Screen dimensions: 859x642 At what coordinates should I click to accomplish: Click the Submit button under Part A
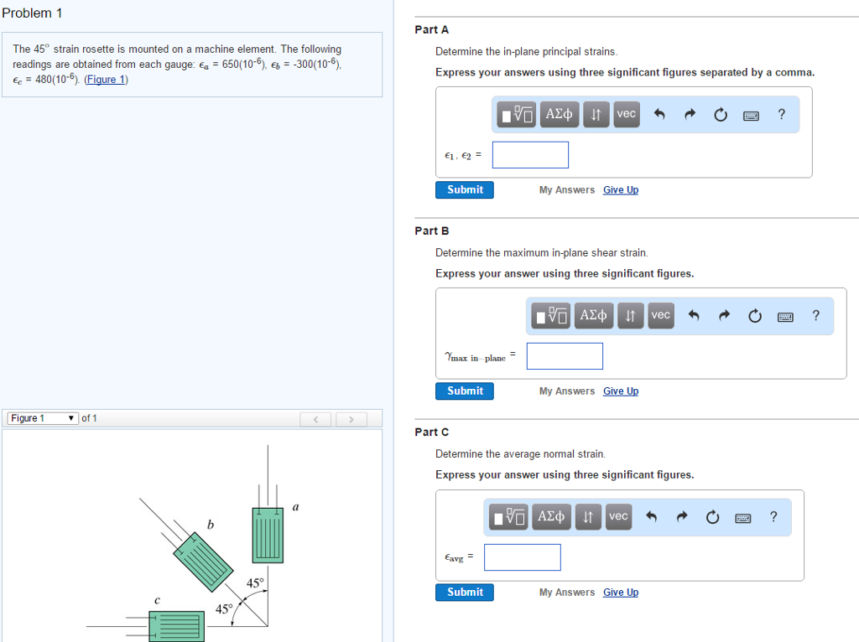coord(465,190)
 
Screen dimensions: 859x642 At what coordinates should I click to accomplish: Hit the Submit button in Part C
coord(465,593)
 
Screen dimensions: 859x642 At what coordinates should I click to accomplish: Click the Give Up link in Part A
coord(621,190)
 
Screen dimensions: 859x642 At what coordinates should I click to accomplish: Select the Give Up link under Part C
coord(621,593)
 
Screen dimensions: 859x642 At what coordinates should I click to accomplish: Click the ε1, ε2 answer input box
coord(530,155)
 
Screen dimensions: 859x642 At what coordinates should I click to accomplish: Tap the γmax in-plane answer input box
coord(565,356)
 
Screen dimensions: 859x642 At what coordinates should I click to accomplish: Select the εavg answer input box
coord(523,557)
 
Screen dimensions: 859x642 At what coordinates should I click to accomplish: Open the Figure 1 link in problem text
coord(106,80)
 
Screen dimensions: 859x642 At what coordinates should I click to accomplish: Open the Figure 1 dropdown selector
coord(43,418)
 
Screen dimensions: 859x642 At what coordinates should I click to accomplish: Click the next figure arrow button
coord(351,419)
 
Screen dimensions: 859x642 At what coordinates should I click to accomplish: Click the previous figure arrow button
coord(315,419)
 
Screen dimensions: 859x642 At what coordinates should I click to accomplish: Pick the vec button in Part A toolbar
coord(626,114)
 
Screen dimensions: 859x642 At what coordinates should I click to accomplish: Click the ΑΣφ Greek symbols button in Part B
coord(593,315)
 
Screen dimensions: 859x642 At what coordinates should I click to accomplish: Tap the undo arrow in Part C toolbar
coord(651,516)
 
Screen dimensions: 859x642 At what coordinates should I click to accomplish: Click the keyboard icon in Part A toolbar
coord(751,115)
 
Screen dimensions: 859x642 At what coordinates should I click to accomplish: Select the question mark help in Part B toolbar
coord(815,315)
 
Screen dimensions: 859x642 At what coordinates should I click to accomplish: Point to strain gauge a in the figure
coord(268,536)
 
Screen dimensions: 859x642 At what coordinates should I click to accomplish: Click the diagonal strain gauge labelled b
coord(203,562)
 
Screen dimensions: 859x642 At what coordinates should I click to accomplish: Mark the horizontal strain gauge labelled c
coord(177,626)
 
